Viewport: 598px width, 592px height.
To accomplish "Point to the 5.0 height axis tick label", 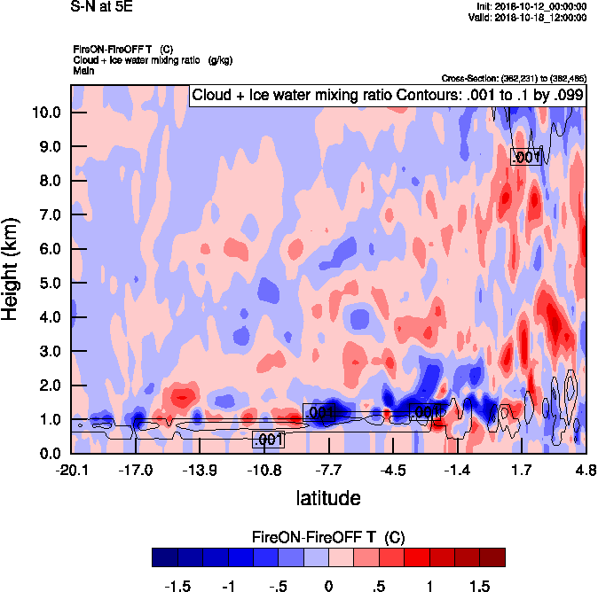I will pos(48,284).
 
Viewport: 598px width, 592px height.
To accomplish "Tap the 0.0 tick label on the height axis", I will pos(48,454).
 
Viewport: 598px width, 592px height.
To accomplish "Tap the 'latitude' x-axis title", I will pos(327,498).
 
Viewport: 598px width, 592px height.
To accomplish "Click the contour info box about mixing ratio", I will pos(387,95).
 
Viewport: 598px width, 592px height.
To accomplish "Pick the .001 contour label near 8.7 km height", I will pos(526,157).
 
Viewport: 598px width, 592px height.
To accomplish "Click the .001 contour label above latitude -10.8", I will pos(267,439).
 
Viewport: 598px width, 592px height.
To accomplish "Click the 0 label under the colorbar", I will pos(329,587).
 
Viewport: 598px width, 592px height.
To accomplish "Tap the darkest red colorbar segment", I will pos(492,557).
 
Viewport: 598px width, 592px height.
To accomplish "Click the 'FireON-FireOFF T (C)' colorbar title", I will pos(328,537).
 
